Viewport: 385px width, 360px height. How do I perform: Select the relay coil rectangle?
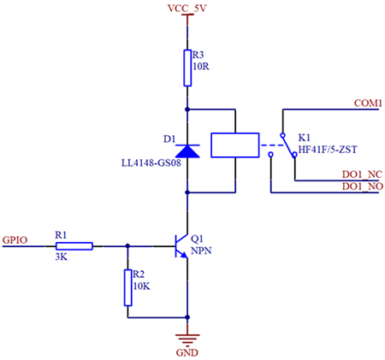click(x=234, y=145)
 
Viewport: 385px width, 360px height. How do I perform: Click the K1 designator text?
click(x=305, y=137)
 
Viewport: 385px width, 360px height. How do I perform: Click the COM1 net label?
click(x=367, y=103)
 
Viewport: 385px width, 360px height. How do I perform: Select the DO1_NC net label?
click(x=361, y=174)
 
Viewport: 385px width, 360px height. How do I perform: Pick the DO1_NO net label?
click(x=361, y=186)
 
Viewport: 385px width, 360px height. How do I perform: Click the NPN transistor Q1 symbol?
click(x=181, y=246)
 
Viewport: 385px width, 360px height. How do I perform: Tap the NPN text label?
click(x=201, y=251)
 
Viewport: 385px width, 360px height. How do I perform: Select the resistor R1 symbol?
click(x=74, y=246)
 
